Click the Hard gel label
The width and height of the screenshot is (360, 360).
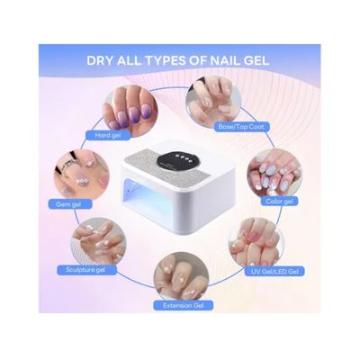click(108, 135)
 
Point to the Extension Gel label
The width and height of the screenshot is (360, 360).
click(183, 305)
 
